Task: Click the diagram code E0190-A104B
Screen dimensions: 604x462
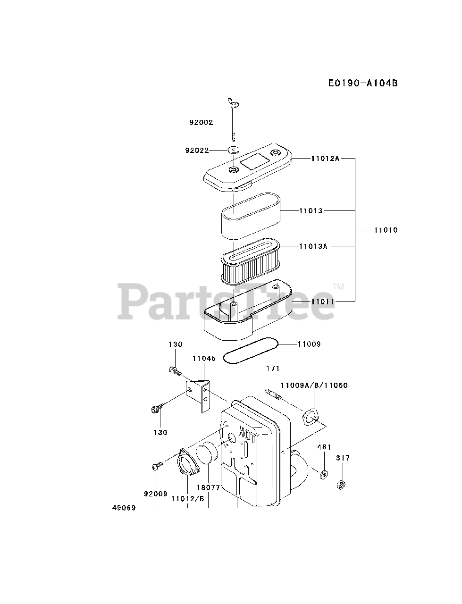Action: pos(363,84)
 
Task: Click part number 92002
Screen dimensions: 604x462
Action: pos(201,123)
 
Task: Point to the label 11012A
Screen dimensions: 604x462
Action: pos(325,159)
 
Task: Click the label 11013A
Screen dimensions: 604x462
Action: pos(313,246)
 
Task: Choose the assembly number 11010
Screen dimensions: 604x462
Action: pos(386,230)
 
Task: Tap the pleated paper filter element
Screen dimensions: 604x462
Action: pos(250,262)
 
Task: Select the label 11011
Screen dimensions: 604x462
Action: pos(322,302)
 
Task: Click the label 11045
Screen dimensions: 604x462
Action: pos(204,359)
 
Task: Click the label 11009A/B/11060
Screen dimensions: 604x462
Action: pos(320,386)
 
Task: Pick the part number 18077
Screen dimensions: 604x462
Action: pos(208,487)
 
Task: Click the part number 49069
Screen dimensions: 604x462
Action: pos(124,508)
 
